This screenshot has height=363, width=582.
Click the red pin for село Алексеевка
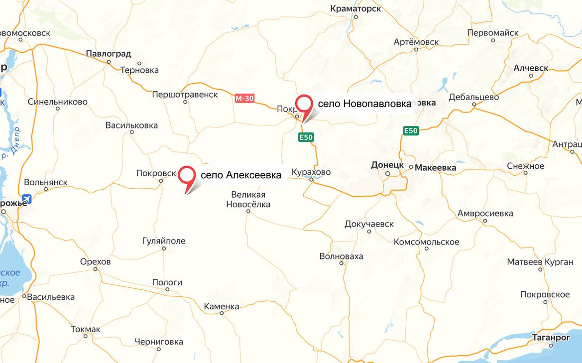[x=187, y=175]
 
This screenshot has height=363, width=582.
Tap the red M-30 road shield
[x=244, y=99]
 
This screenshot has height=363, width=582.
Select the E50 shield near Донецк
[x=411, y=131]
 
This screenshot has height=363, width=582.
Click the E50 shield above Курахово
[x=306, y=137]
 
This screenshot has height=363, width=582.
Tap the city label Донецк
[x=387, y=164]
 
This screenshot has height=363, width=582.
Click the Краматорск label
[x=355, y=8]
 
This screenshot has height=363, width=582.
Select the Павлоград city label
[x=109, y=53]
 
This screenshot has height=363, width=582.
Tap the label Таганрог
[x=553, y=337]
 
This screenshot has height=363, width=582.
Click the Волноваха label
[x=342, y=256]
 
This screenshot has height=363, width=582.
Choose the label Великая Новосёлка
[x=248, y=199]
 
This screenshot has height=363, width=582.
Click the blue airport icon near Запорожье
[x=26, y=199]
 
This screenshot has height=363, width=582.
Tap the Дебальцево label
[x=474, y=97]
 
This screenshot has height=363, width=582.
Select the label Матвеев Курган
[x=540, y=262]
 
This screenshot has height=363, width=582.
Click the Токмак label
[x=86, y=329]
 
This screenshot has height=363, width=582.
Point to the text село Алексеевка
[x=241, y=175]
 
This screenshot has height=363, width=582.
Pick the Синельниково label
[x=58, y=102]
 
